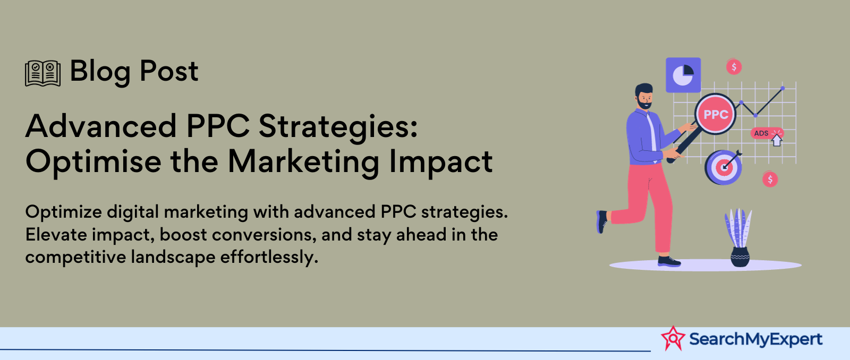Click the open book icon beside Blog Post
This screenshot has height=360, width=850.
[x=42, y=73]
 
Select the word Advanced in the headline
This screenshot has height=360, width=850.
[x=101, y=126]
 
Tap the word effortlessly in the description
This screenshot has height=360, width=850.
[x=269, y=258]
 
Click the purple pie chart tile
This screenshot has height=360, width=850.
[x=683, y=75]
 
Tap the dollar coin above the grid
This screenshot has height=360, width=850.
[x=734, y=67]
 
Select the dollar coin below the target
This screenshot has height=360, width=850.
[x=770, y=179]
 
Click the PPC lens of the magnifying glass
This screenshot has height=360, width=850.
[x=715, y=114]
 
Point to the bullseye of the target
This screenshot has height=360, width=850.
[x=724, y=167]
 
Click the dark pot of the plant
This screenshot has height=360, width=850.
[x=740, y=257]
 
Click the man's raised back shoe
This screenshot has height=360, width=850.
[x=601, y=221]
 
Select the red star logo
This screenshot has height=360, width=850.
[x=673, y=338]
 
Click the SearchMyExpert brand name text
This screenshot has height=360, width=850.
[x=755, y=339]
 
